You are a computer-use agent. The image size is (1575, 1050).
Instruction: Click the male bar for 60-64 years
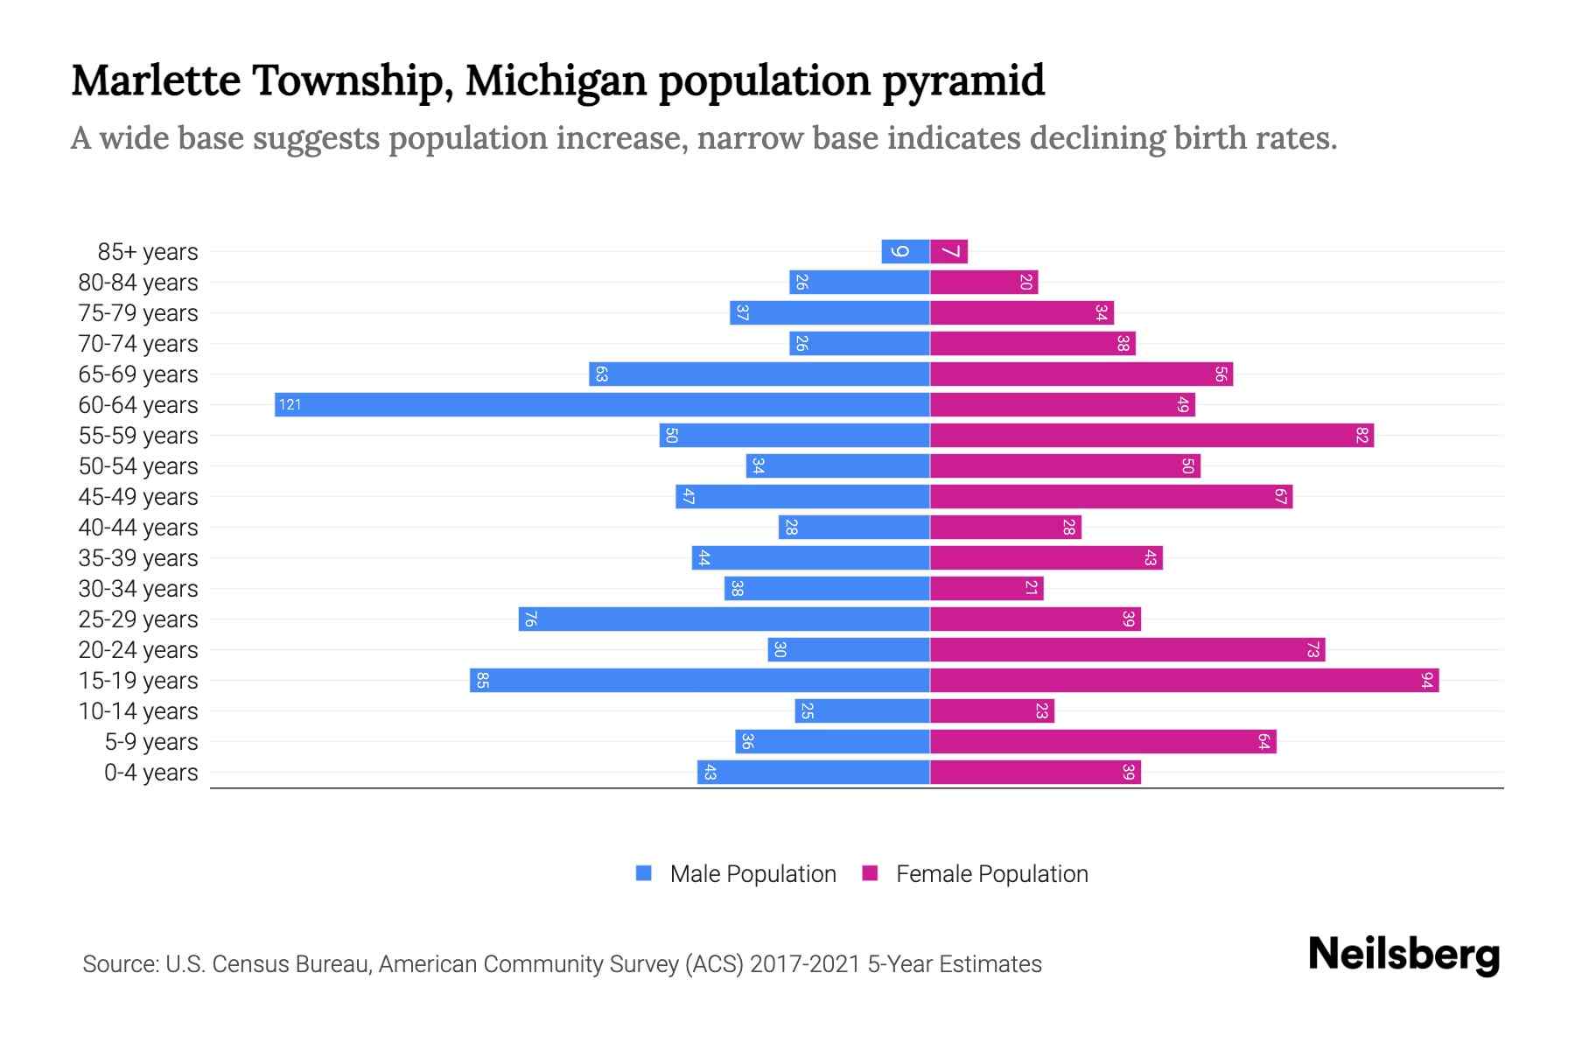[x=602, y=404]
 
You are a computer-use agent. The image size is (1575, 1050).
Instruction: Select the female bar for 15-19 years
[x=1184, y=680]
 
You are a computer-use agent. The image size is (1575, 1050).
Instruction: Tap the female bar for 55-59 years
[x=1151, y=435]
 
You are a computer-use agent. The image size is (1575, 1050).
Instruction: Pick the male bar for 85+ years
[x=906, y=251]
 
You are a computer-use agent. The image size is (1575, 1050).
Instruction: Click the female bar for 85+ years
[x=948, y=251]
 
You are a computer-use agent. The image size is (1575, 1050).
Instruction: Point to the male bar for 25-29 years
[x=724, y=619]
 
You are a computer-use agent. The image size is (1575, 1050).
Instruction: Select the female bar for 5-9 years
[x=1102, y=741]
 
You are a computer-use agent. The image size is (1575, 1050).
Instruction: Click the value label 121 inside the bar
[x=290, y=404]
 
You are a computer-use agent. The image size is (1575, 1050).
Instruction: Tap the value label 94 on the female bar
[x=1427, y=680]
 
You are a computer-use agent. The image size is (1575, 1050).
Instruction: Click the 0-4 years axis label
[x=150, y=773]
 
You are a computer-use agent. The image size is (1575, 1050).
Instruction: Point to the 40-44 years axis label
[x=138, y=528]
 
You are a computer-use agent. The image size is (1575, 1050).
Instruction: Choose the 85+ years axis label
[x=147, y=252]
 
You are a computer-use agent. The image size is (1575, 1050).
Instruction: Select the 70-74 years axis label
[x=138, y=344]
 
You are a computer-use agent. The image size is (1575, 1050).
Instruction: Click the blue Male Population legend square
[x=644, y=873]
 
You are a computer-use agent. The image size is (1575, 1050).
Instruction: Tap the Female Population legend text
[x=991, y=873]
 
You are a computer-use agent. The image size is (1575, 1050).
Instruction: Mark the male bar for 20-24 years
[x=848, y=649]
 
